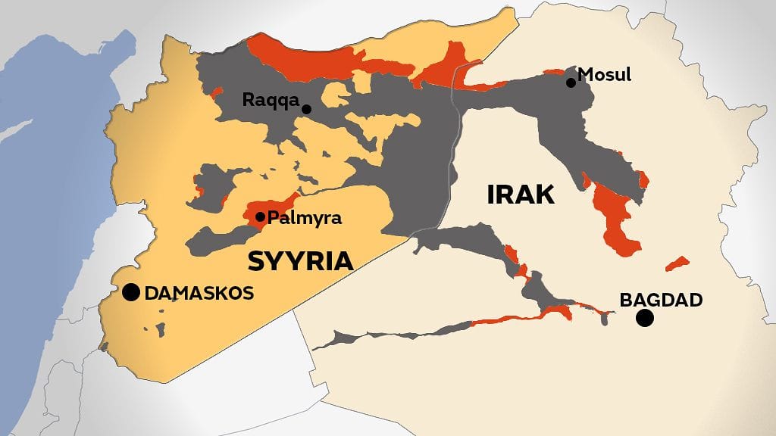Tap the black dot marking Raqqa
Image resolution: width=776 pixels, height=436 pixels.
point(306,109)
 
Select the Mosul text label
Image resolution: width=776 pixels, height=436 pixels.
point(604,74)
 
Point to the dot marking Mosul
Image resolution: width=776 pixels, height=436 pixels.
point(571,82)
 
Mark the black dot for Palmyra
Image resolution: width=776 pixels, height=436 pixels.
point(260,217)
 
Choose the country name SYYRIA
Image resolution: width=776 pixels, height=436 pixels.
point(300,261)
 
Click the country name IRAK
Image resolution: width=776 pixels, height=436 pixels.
point(521,195)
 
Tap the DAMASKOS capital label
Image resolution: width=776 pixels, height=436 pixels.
point(199,293)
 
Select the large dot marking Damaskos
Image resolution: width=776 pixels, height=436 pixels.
point(131,292)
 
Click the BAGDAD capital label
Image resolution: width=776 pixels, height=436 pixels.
point(661,300)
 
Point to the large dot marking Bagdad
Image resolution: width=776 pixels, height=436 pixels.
point(645,318)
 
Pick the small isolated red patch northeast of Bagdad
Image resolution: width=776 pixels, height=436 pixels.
point(677,263)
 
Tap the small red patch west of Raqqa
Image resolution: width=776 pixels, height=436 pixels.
point(217,93)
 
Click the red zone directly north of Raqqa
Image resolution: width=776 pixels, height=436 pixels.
point(303,57)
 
